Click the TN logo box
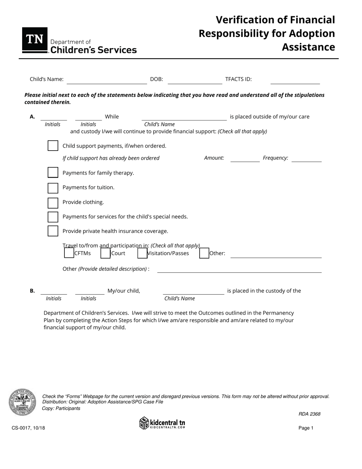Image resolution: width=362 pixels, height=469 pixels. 35,40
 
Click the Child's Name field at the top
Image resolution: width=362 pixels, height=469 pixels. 106,80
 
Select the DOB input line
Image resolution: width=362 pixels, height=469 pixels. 194,80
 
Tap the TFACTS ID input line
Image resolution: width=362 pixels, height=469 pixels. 295,80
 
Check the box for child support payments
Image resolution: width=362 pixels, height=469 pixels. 53,146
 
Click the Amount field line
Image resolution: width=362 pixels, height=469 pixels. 245,159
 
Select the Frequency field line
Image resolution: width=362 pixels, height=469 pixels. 306,159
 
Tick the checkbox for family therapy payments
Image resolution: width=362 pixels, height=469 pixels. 53,173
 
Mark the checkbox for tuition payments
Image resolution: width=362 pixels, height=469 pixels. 53,188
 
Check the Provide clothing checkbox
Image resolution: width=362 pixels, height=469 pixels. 53,202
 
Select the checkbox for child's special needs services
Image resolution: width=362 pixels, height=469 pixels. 53,217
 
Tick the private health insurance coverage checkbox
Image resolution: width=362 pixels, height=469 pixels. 53,231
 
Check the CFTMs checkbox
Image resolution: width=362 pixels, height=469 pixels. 69,253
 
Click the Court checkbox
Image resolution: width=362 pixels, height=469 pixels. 106,253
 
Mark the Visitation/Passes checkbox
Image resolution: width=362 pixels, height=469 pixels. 142,253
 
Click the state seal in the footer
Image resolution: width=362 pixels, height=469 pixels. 22,402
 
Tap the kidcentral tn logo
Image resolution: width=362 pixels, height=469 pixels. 162,423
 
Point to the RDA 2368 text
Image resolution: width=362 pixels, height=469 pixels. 309,414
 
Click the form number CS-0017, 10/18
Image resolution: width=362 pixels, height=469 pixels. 28,428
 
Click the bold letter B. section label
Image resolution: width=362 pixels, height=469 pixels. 32,291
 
